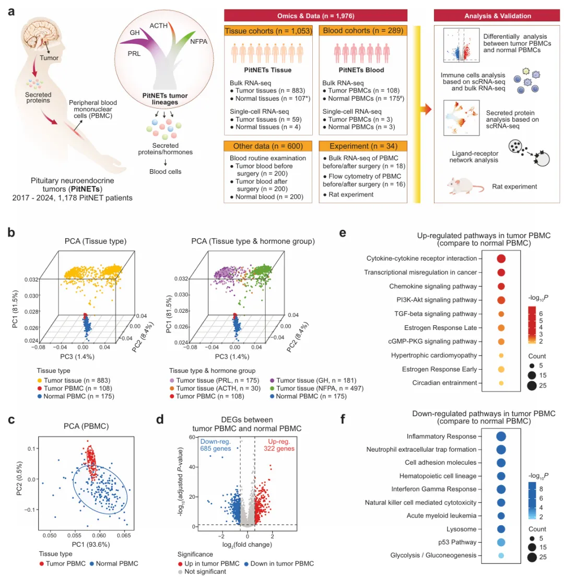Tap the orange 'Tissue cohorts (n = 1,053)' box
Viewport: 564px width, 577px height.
(268, 31)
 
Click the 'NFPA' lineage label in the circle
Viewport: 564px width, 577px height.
(199, 41)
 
